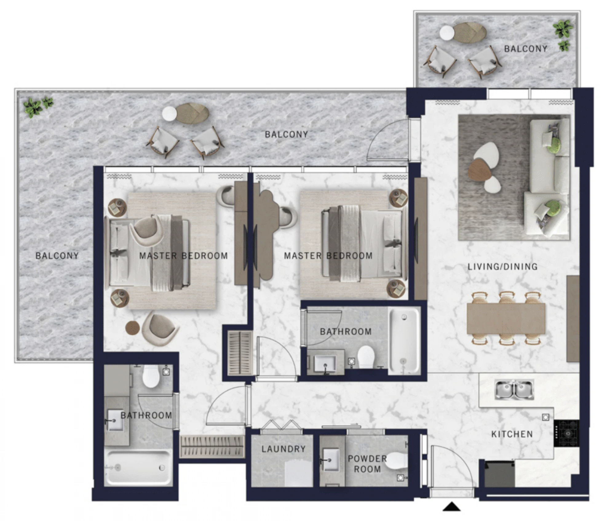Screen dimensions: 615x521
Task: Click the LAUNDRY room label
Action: pyautogui.click(x=283, y=449)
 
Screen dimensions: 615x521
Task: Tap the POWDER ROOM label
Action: pyautogui.click(x=367, y=464)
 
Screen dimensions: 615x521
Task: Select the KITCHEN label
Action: pyautogui.click(x=512, y=434)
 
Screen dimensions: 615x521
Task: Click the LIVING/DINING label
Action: pyautogui.click(x=502, y=266)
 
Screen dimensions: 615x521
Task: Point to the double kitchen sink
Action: pyautogui.click(x=514, y=389)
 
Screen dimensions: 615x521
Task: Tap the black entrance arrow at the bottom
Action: pyautogui.click(x=451, y=506)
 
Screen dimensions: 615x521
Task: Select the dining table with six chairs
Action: pyautogui.click(x=506, y=318)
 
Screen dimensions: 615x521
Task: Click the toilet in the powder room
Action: pyautogui.click(x=396, y=461)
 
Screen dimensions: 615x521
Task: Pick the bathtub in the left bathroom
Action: pyautogui.click(x=138, y=468)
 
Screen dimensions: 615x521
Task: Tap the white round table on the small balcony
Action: pyautogui.click(x=447, y=33)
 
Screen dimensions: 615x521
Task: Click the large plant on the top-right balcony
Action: pyautogui.click(x=563, y=29)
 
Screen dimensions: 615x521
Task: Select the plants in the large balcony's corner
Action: pyautogui.click(x=39, y=107)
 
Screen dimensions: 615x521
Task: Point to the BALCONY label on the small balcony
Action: pyautogui.click(x=526, y=49)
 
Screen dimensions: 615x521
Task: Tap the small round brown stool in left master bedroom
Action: pyautogui.click(x=133, y=328)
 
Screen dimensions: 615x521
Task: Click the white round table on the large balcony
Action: pyautogui.click(x=169, y=114)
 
